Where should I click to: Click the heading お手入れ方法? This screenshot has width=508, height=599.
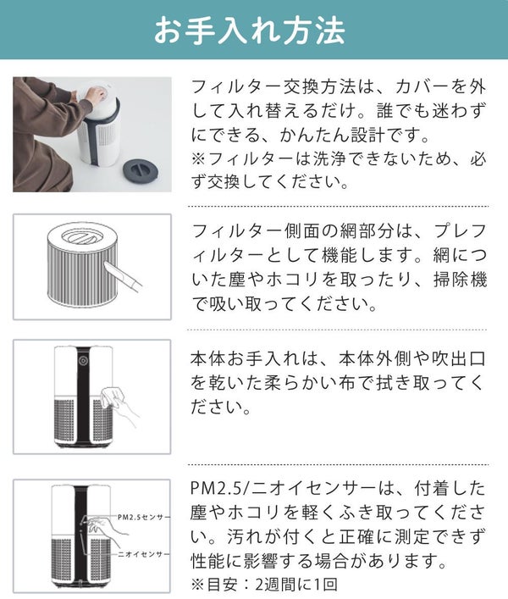pos(250,30)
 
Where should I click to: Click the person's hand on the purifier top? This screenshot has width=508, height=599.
pos(97,93)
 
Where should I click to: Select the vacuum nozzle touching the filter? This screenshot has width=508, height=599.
pos(122,274)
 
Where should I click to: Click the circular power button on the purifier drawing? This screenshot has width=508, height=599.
pos(83,361)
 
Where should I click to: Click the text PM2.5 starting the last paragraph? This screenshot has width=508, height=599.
pos(217,490)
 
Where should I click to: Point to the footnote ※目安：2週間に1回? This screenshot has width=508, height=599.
pos(264,585)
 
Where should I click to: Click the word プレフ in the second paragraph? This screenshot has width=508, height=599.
pos(460,231)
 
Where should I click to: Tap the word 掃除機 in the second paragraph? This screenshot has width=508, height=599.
pos(461,280)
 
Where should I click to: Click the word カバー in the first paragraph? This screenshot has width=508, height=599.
pos(422,87)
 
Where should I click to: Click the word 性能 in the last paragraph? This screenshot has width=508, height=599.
pos(207,561)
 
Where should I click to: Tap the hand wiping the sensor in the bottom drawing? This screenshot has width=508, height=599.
pos(101,529)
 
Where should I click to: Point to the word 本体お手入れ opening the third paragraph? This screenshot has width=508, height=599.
pos(246,358)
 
